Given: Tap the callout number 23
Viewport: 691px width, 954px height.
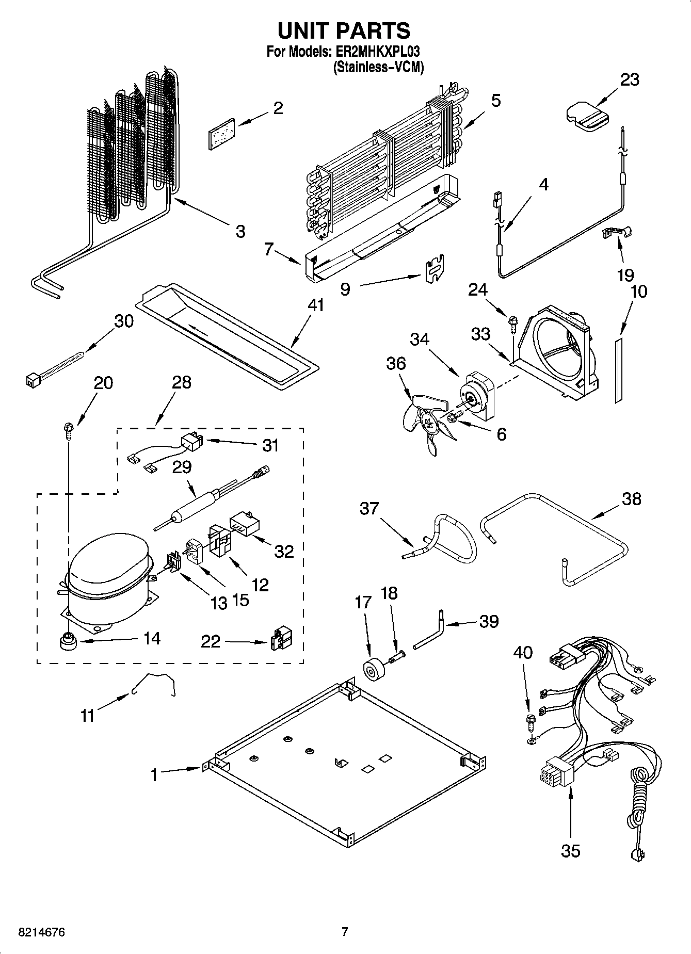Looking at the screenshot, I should pos(630,79).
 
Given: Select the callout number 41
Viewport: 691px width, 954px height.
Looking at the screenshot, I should pos(315,305).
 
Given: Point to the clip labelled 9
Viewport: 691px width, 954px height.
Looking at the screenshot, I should pos(435,269).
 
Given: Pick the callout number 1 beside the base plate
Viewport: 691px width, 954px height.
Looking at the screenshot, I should pos(154,775).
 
